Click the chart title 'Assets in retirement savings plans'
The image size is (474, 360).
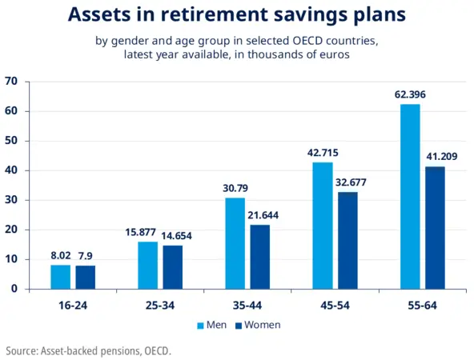click(x=236, y=14)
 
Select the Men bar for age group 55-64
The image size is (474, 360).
click(x=410, y=196)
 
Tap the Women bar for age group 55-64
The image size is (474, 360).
click(x=435, y=227)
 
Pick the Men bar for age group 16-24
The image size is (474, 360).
click(x=61, y=277)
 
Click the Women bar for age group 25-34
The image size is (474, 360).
click(x=173, y=267)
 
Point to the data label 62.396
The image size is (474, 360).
click(x=410, y=95)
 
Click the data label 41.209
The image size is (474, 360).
click(x=437, y=156)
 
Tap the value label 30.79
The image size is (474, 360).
click(x=235, y=188)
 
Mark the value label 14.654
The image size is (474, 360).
click(x=174, y=236)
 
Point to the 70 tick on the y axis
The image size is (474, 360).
click(x=11, y=82)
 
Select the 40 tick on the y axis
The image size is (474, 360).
click(x=11, y=170)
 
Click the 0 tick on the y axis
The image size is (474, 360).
click(x=14, y=289)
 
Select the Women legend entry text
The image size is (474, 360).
click(x=262, y=326)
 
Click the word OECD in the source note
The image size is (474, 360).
click(x=156, y=350)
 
